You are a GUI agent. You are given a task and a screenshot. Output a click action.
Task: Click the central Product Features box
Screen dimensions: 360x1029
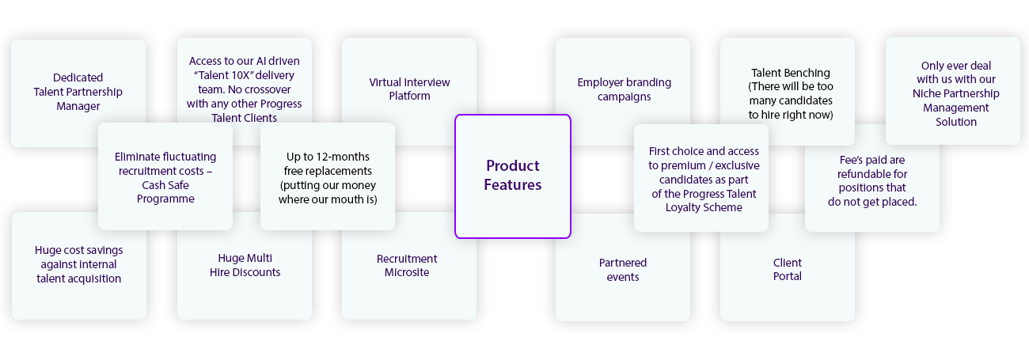513,176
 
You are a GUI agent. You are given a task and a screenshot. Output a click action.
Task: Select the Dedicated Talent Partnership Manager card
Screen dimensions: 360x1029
78,92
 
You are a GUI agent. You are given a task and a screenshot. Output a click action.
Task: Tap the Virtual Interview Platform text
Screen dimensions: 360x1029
409,89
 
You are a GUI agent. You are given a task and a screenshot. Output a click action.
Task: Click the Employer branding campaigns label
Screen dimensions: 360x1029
624,89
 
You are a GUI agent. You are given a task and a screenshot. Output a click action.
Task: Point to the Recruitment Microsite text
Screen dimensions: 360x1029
407,266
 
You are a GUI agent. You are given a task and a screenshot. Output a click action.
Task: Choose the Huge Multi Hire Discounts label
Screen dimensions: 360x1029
245,265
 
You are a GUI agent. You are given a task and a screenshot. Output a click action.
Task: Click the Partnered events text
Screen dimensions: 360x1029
623,270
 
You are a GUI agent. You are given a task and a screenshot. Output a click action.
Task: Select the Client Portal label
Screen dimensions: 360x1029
788,270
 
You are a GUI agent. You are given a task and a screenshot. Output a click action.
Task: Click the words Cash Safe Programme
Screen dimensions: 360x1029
165,192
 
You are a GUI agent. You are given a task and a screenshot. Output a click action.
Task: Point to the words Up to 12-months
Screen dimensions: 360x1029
328,157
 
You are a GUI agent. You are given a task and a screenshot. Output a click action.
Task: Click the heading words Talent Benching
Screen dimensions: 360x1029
791,73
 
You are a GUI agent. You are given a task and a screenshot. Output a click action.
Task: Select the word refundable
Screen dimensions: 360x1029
872,174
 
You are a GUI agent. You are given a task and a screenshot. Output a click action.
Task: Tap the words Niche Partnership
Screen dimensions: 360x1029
955,93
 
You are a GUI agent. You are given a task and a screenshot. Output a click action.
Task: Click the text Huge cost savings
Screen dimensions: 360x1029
79,250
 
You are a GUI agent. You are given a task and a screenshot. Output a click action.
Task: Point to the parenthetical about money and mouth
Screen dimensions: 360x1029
328,192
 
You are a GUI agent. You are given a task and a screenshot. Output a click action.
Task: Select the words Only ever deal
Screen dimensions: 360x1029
955,66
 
